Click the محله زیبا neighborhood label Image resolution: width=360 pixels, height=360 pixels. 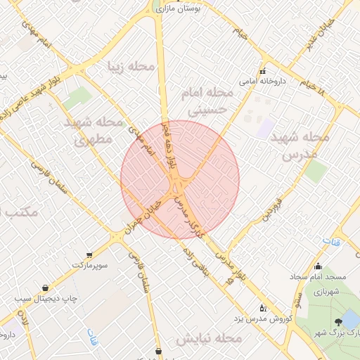130,66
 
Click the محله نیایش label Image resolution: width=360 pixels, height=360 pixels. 209,339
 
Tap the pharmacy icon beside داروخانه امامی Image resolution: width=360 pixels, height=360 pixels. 262,71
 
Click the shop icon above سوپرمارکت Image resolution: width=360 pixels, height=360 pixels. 89,255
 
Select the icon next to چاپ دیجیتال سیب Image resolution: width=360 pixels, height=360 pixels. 46,288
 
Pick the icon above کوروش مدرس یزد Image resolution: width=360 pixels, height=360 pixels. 263,307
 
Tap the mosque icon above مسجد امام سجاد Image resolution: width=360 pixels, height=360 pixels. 319,266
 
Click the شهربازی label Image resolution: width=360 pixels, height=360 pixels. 326,291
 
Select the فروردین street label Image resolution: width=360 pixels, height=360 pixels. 272,208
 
